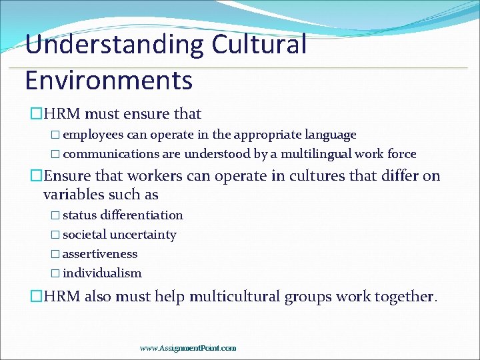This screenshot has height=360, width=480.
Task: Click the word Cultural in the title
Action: [x=259, y=45]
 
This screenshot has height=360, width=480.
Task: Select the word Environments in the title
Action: [x=109, y=79]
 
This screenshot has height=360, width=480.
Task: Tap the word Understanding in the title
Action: [x=115, y=45]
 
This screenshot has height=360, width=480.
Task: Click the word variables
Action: [x=73, y=194]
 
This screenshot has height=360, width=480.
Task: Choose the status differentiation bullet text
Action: [x=123, y=215]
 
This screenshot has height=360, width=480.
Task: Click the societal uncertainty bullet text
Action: [x=119, y=235]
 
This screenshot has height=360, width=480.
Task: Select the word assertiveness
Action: [x=100, y=254]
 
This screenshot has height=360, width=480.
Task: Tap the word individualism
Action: [x=102, y=273]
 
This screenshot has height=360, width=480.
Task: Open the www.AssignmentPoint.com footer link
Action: [x=188, y=348]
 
